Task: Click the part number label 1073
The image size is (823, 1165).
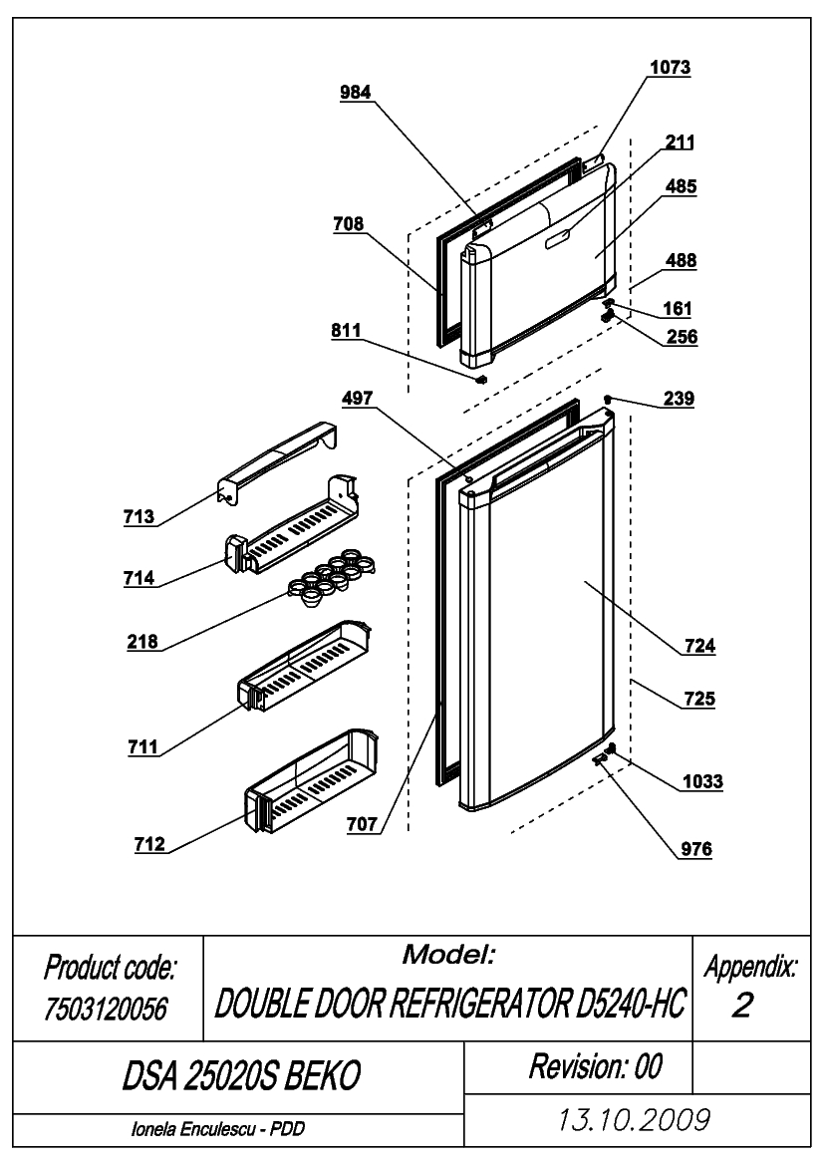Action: (670, 67)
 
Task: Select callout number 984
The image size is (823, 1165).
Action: (355, 92)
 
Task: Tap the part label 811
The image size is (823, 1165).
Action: (346, 331)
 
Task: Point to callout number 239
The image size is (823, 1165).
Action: (679, 399)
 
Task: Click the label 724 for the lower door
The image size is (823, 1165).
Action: (699, 646)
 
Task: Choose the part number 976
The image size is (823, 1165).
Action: (696, 848)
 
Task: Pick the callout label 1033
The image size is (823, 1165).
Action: (702, 781)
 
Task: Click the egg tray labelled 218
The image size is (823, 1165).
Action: (331, 582)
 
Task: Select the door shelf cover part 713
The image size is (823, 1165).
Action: (276, 464)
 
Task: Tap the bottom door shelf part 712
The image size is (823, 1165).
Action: (312, 780)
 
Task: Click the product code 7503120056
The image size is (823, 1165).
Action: (106, 1009)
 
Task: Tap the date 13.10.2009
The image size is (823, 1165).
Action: (634, 1119)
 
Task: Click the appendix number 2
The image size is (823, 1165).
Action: (742, 1005)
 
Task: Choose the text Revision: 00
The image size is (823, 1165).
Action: (595, 1066)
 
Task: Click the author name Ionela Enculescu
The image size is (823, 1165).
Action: (193, 1128)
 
